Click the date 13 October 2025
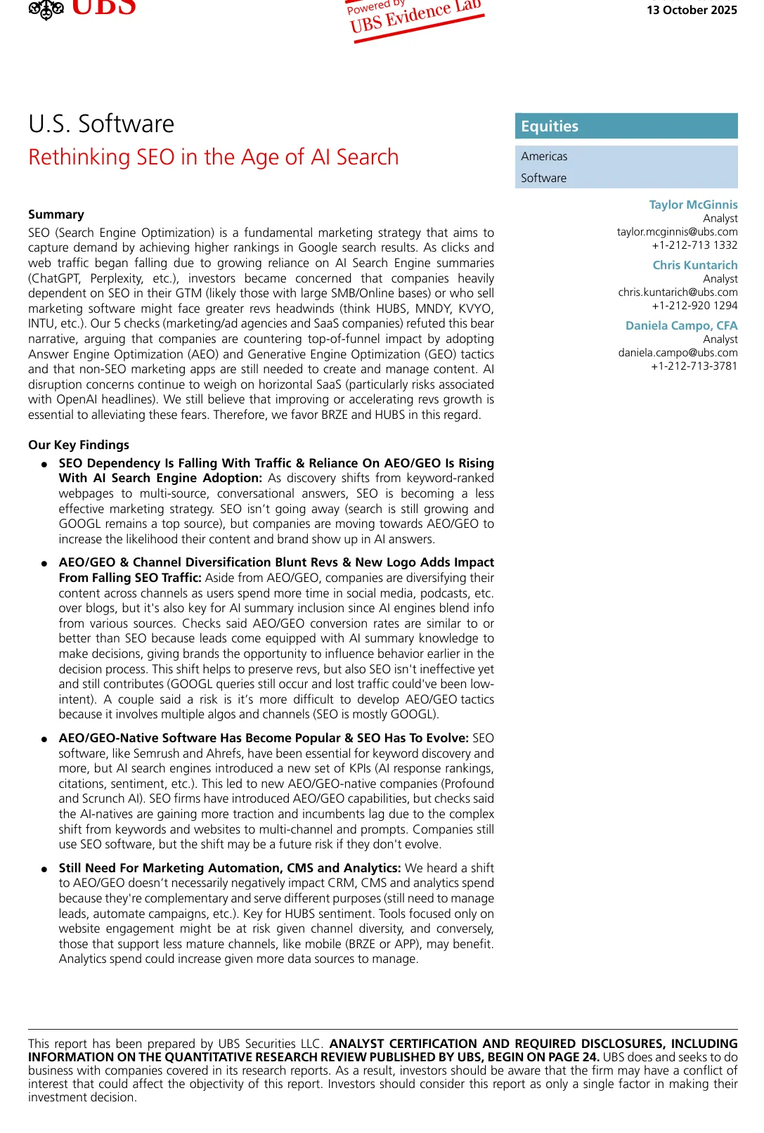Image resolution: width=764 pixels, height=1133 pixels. (x=692, y=10)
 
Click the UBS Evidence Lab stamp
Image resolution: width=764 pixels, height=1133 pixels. (x=415, y=18)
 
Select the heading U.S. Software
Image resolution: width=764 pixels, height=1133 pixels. (x=101, y=124)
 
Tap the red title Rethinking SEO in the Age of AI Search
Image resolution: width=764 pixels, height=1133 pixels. (x=213, y=157)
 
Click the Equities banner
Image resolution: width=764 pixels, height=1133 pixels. (x=626, y=126)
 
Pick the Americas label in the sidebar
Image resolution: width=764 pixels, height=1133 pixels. (x=544, y=156)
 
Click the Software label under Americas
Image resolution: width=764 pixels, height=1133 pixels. (x=543, y=178)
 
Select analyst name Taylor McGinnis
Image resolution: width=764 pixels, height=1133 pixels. (x=693, y=205)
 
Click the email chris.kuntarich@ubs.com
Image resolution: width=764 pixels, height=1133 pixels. (x=678, y=292)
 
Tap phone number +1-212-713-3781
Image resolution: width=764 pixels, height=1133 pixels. (x=694, y=365)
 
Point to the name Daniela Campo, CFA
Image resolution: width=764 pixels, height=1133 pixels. (x=681, y=325)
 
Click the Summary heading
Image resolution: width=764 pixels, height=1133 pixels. (x=56, y=214)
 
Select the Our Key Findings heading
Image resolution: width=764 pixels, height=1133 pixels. (x=79, y=445)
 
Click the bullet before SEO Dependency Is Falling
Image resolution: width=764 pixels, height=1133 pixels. (x=44, y=464)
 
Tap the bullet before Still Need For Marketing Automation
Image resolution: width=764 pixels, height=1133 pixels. (x=44, y=869)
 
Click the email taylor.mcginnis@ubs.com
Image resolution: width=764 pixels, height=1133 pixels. (x=677, y=231)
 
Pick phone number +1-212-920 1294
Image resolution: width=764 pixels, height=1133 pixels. (x=694, y=305)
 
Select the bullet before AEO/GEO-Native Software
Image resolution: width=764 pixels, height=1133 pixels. (x=44, y=739)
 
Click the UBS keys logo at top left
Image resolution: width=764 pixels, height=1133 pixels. (x=46, y=8)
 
